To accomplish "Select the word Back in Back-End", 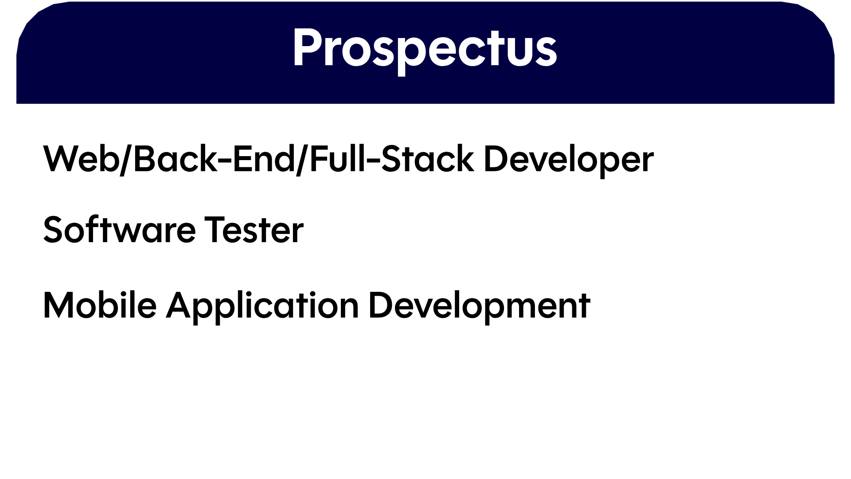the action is point(173,158).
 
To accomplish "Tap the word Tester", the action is point(254,230).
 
